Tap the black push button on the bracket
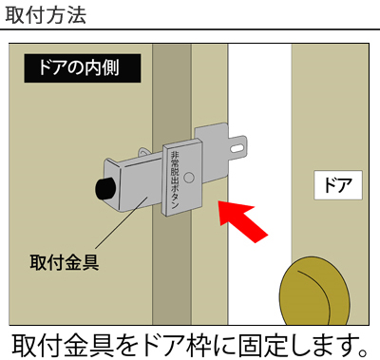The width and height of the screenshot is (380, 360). click(x=105, y=189)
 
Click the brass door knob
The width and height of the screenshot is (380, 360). click(x=314, y=292)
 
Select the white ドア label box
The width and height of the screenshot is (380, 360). click(x=338, y=185)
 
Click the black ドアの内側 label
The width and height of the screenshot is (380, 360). click(x=83, y=68)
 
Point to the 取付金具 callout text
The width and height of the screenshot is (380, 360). click(x=65, y=262)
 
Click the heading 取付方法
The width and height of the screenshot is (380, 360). click(x=46, y=14)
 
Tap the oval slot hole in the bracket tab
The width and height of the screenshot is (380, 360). click(x=237, y=148)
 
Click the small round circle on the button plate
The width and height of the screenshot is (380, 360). click(x=189, y=178)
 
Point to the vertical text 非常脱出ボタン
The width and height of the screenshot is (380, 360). click(x=175, y=180)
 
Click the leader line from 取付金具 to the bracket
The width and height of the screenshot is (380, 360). click(x=122, y=222)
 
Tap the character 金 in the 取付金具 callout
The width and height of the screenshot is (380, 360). click(x=73, y=262)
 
